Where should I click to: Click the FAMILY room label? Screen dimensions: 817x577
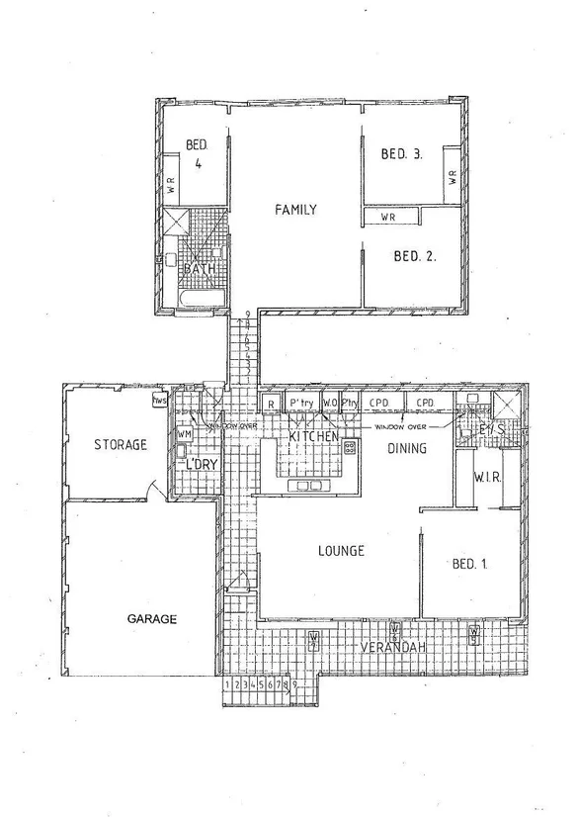coord(295,210)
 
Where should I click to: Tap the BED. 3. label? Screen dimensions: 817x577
coord(403,153)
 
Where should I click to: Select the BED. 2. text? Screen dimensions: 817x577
coord(415,256)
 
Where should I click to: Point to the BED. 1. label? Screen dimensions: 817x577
coord(473,564)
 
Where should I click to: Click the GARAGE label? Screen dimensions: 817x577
coord(151,619)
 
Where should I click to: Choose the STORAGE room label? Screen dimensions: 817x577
coord(120,445)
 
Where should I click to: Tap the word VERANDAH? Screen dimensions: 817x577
coord(393,647)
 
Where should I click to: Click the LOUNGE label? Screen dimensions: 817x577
coord(342,551)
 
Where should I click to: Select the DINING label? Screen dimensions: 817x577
coord(406,448)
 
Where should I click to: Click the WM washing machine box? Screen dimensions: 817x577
coord(184,434)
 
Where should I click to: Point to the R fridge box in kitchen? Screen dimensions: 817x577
coord(271,404)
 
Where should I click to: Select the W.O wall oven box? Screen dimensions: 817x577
coord(330,404)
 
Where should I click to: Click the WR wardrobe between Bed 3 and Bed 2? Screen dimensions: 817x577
coord(390,216)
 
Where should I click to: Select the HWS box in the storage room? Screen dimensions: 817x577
coord(157,402)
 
